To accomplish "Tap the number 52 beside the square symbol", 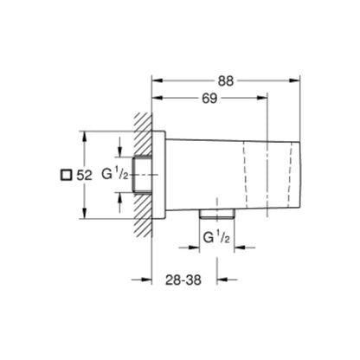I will point(84,175).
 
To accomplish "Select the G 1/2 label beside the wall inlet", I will point(113,176).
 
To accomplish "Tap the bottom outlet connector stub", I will point(215,211).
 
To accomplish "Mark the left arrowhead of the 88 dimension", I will point(157,81).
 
